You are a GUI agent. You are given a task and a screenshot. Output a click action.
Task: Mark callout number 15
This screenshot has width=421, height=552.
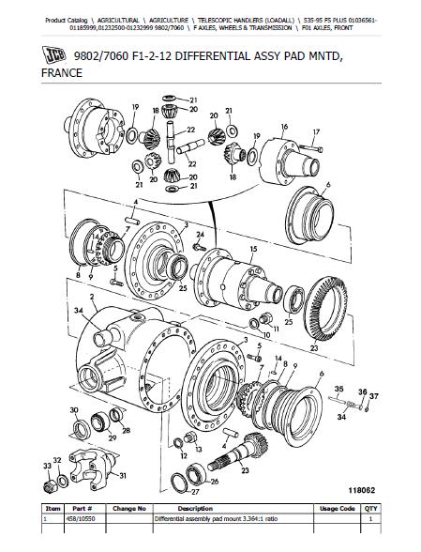point(253,249)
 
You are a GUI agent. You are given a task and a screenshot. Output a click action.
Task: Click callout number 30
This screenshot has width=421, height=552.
point(73,410)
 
